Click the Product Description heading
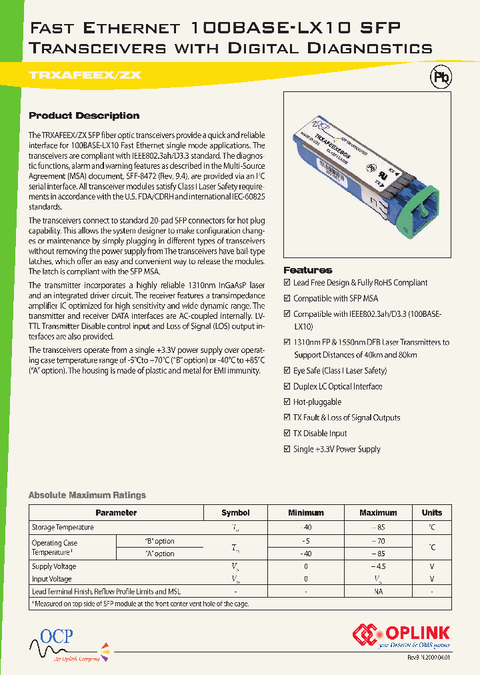tap(84, 115)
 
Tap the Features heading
tap(307, 270)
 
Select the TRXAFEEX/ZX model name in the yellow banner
tap(85, 75)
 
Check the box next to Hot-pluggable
tap(287, 402)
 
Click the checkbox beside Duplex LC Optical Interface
tap(287, 387)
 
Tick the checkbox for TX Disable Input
tap(287, 434)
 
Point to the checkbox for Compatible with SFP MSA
tap(287, 299)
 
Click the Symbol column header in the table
tap(235, 513)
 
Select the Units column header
tap(431, 513)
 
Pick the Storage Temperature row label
tap(63, 528)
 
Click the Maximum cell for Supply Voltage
tap(377, 566)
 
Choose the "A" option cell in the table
tap(159, 554)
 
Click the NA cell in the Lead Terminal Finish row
tap(377, 592)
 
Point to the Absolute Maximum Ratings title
tap(87, 495)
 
